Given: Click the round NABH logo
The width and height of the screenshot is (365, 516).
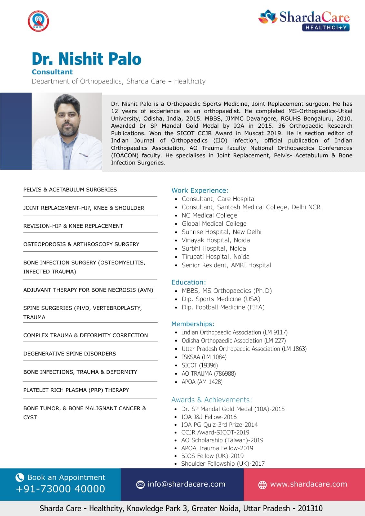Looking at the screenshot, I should pyautogui.click(x=38, y=21).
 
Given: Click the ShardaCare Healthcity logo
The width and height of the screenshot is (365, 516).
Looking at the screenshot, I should pyautogui.click(x=304, y=20).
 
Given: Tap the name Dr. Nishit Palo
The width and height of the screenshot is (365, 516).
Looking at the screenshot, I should pyautogui.click(x=86, y=59).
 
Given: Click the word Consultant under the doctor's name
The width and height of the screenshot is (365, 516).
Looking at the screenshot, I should pyautogui.click(x=52, y=72).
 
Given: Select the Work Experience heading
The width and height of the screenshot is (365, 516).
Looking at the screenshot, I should pyautogui.click(x=200, y=190).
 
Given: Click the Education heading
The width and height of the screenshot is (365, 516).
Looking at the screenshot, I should pyautogui.click(x=188, y=282).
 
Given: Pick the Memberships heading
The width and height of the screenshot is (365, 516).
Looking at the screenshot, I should pyautogui.click(x=193, y=324).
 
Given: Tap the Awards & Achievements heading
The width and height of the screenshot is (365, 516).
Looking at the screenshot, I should pyautogui.click(x=211, y=400).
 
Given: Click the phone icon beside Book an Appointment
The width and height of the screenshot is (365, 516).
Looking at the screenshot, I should pyautogui.click(x=20, y=477).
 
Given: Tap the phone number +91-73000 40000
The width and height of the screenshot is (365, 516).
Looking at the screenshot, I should pyautogui.click(x=60, y=489).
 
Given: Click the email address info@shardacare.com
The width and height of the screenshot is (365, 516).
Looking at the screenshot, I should pyautogui.click(x=186, y=484).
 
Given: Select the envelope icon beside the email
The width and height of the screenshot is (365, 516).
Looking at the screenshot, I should pyautogui.click(x=140, y=484).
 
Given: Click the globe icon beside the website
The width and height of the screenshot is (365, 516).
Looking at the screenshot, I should pyautogui.click(x=262, y=484).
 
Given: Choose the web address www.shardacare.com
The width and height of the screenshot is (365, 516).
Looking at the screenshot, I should pyautogui.click(x=308, y=484).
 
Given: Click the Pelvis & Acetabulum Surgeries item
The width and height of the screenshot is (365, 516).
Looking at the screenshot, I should pyautogui.click(x=70, y=190).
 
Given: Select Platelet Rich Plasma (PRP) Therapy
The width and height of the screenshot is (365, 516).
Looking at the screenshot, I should pyautogui.click(x=76, y=390).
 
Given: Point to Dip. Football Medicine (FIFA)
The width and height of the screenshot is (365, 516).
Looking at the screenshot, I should pyautogui.click(x=223, y=307).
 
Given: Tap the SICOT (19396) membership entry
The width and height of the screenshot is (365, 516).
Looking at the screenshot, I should pyautogui.click(x=199, y=365).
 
